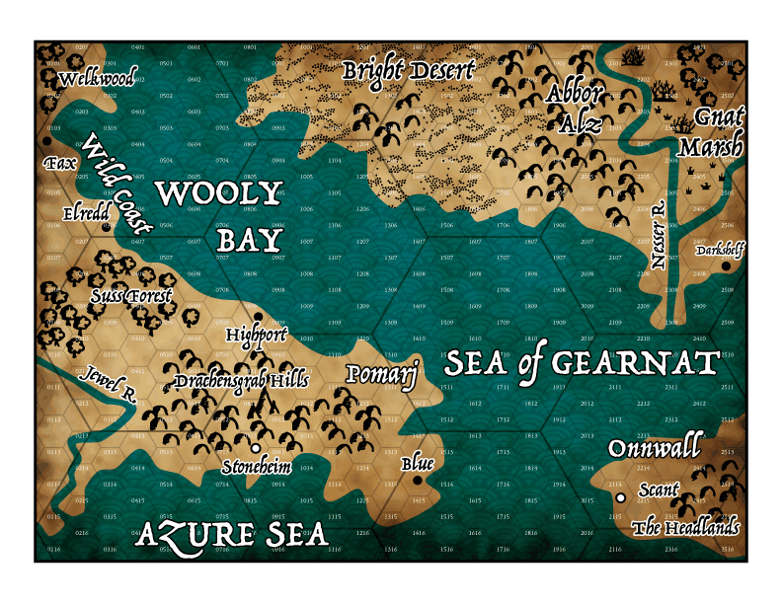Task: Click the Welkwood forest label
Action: click(x=97, y=79)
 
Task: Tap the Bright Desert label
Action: click(x=409, y=71)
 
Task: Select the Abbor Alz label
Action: click(x=574, y=108)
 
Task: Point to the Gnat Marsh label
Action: click(x=711, y=132)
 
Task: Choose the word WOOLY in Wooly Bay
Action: click(x=219, y=193)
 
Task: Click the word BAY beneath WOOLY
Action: click(x=249, y=240)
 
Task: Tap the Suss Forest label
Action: click(x=130, y=295)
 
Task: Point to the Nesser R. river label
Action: click(x=659, y=237)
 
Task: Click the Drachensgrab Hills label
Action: click(x=242, y=380)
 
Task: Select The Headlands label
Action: click(x=685, y=528)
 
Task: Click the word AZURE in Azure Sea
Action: click(x=186, y=535)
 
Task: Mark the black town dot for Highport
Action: click(x=258, y=317)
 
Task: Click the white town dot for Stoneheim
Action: click(x=256, y=447)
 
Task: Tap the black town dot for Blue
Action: click(x=417, y=481)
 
